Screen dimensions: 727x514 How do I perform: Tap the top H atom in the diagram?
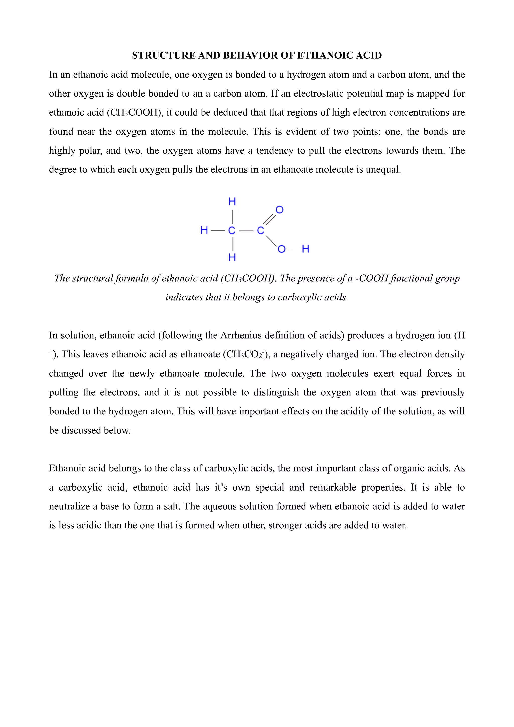232,201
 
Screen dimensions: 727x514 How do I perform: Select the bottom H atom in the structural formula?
232,257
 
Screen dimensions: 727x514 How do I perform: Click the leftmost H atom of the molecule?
204,230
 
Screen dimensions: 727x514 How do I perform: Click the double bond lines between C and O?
269,219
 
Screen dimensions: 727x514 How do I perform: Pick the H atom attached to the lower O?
305,249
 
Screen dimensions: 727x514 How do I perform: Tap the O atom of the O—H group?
281,249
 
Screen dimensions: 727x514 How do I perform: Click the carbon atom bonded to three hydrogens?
232,230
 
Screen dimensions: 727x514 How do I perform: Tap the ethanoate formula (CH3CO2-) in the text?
246,354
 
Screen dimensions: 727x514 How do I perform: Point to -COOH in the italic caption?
372,278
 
